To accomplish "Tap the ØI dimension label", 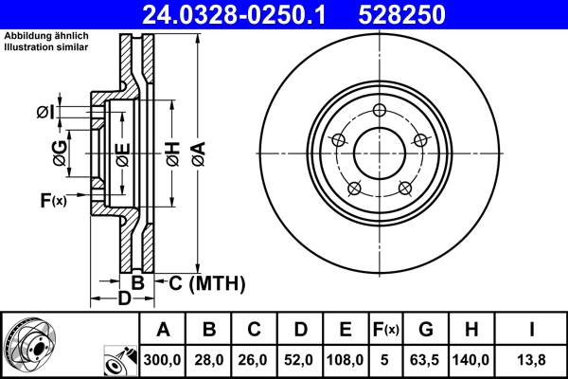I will click(x=44, y=114).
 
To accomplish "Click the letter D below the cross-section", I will click(x=122, y=300).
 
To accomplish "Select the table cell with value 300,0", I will click(x=163, y=360).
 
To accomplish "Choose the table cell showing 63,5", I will click(x=426, y=360).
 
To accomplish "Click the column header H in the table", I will click(x=470, y=331).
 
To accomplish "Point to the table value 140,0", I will click(x=470, y=360).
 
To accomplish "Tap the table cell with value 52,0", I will click(x=300, y=360).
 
